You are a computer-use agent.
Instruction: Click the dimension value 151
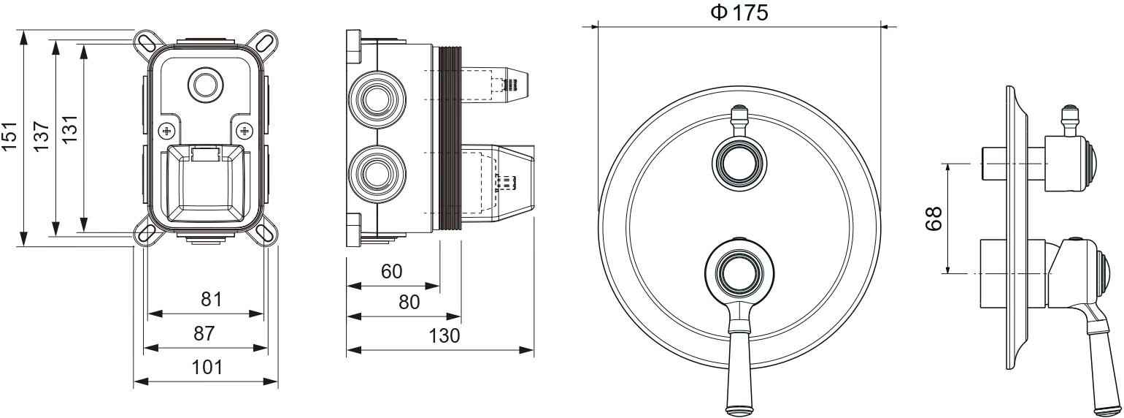tap(10, 136)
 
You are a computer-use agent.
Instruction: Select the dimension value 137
tap(42, 136)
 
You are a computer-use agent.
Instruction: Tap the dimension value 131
tap(71, 129)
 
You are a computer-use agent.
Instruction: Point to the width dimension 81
tap(211, 300)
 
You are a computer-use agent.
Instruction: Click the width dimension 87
tap(204, 333)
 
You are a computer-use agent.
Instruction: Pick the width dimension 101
tap(207, 368)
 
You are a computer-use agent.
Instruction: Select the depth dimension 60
tap(391, 271)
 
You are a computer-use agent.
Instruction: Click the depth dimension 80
tap(409, 302)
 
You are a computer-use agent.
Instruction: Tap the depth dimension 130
tap(444, 335)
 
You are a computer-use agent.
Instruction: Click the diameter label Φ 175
tap(739, 12)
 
